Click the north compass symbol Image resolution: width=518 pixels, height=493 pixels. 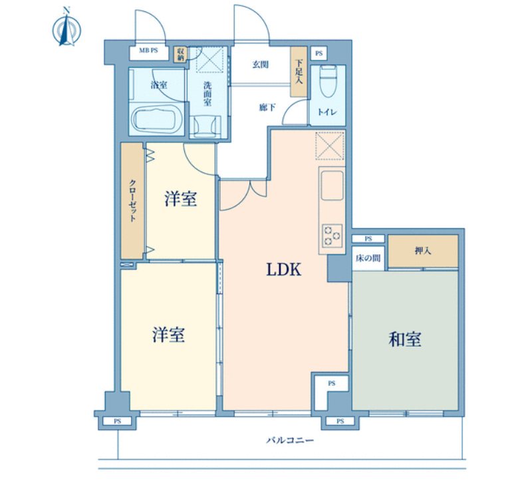66,29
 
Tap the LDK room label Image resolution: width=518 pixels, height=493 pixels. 285,269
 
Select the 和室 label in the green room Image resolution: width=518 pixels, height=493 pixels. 405,339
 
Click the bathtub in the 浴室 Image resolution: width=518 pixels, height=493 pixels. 157,121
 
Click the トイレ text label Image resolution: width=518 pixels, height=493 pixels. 328,112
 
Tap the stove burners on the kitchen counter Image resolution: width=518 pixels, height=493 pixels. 331,235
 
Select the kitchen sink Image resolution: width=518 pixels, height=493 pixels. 331,188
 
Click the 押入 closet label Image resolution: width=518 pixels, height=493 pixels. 423,251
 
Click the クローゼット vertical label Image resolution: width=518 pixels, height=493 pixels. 133,201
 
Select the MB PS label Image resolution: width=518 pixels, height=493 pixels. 148,51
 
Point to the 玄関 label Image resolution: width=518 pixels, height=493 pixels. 260,65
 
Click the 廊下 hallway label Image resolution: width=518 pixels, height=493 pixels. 267,108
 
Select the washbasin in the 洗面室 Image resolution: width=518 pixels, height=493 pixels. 206,124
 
